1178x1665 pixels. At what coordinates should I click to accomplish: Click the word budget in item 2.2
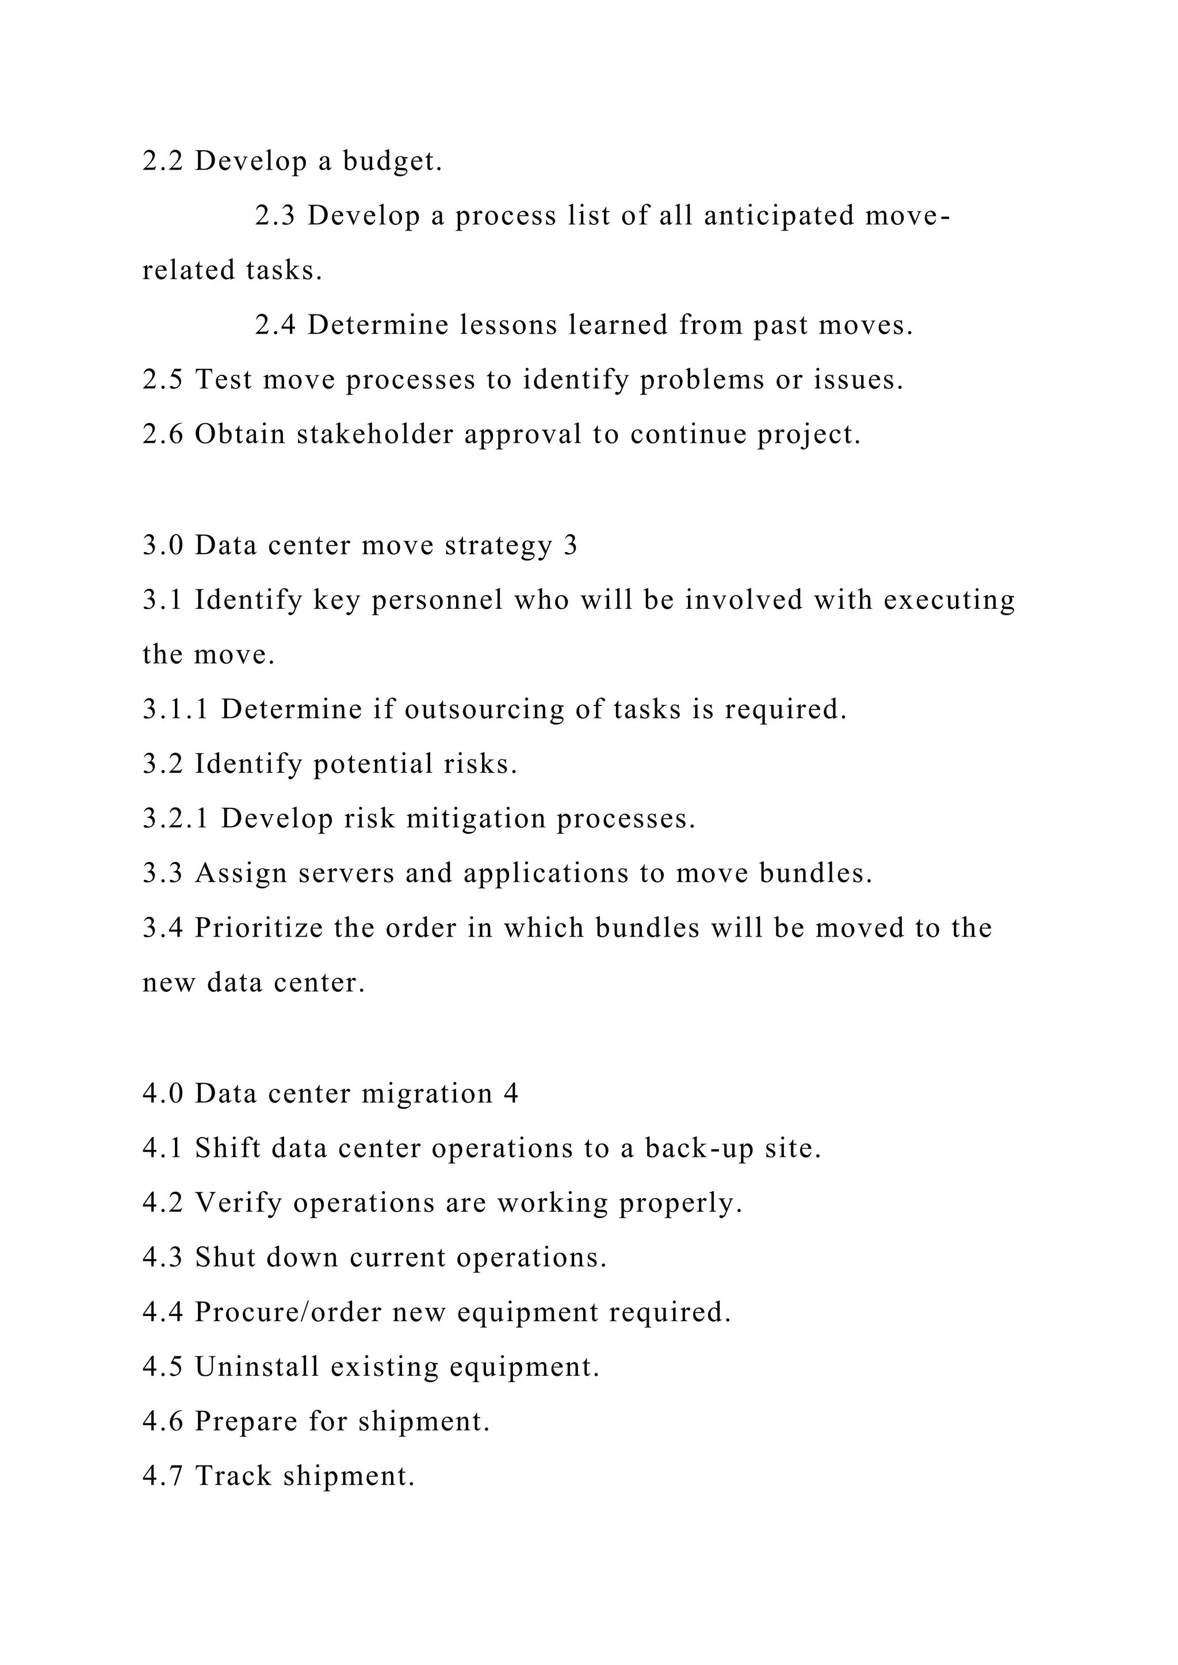tap(392, 162)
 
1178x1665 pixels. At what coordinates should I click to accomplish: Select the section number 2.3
tap(275, 216)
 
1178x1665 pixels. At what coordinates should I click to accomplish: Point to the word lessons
tap(508, 325)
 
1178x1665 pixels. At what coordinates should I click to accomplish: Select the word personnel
tap(437, 600)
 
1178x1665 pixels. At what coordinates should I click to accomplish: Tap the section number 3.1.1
tap(175, 709)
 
